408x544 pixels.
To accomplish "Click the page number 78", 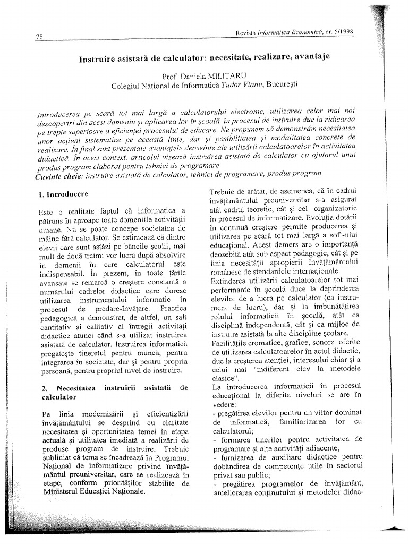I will (39, 37).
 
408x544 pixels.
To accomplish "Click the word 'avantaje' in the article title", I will (308, 56).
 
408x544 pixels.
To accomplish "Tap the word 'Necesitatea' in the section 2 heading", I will (79, 388).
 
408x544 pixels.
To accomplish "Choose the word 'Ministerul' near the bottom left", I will (60, 492).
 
